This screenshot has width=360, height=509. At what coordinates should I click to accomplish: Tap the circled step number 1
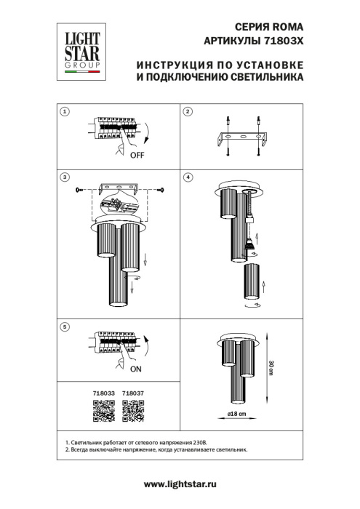pyautogui.click(x=65, y=112)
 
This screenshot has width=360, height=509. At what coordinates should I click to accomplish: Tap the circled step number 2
pyautogui.click(x=188, y=112)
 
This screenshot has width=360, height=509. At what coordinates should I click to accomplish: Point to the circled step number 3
pyautogui.click(x=65, y=177)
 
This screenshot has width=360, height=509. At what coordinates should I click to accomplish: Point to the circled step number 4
pyautogui.click(x=188, y=177)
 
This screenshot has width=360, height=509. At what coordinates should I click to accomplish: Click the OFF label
pyautogui.click(x=137, y=156)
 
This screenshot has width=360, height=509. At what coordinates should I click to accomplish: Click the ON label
pyautogui.click(x=137, y=368)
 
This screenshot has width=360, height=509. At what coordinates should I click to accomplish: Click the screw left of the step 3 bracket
pyautogui.click(x=80, y=191)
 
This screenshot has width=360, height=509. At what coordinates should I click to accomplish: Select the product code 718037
pyautogui.click(x=132, y=394)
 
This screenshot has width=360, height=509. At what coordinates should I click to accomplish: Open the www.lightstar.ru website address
pyautogui.click(x=180, y=484)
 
